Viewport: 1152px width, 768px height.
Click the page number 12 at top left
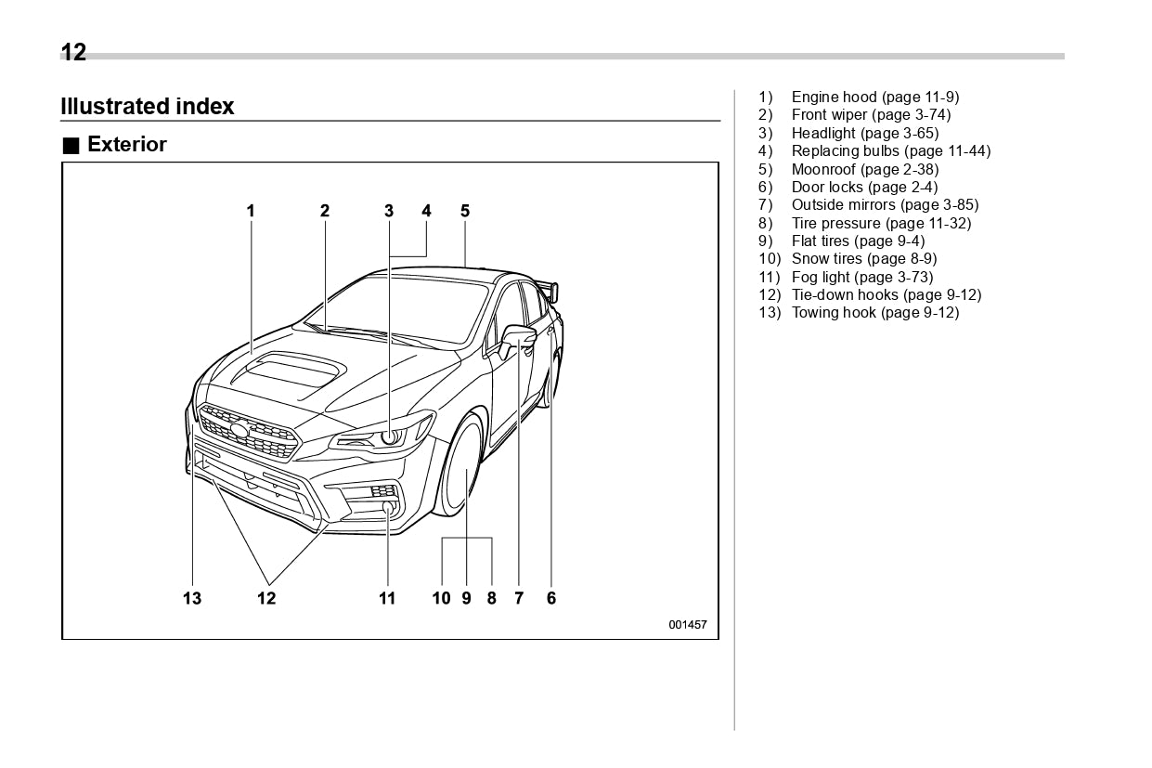(73, 53)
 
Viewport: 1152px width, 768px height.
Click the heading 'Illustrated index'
(147, 107)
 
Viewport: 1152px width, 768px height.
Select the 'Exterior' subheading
(126, 145)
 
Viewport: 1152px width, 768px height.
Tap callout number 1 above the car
(251, 211)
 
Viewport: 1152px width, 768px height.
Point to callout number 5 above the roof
(465, 211)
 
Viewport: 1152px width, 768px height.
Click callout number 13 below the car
(192, 598)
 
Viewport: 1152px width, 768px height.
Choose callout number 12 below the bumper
(266, 598)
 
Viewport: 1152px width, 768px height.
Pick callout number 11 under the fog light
(387, 598)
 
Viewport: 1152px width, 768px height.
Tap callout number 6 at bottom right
(551, 598)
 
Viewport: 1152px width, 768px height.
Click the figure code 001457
(688, 625)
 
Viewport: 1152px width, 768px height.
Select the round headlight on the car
(390, 436)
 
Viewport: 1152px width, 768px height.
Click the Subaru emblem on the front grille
(240, 430)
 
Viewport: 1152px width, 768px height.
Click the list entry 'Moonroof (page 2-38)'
(864, 169)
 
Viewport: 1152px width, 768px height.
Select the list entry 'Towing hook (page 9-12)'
(874, 312)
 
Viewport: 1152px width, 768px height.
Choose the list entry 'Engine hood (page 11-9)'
(874, 98)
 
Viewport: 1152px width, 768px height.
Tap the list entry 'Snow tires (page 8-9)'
(863, 258)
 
